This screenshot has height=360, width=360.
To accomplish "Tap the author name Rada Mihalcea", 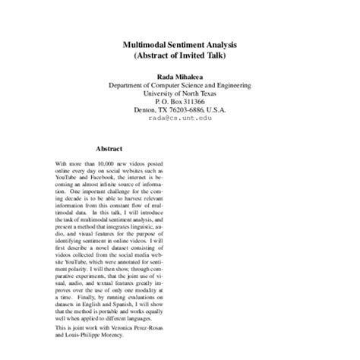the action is coord(180,77).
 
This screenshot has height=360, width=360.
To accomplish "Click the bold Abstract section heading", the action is coord(109,149).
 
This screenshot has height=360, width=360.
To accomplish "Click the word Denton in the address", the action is coord(145,109).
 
